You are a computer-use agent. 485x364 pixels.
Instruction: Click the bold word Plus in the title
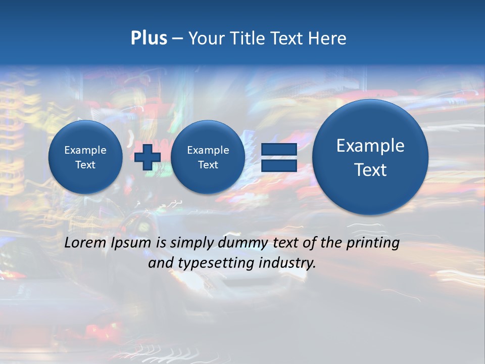click(149, 38)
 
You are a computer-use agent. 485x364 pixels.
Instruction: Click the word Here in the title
click(327, 38)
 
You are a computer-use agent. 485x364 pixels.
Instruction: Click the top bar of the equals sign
click(278, 150)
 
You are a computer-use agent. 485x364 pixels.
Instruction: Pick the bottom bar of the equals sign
click(278, 166)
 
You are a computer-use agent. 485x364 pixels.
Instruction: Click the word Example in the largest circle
click(370, 146)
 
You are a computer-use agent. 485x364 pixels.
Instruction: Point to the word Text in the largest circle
click(370, 170)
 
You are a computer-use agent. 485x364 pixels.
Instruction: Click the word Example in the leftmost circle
click(85, 150)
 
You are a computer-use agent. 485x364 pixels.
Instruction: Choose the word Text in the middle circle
click(208, 165)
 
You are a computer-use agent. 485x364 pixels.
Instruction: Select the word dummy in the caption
click(243, 243)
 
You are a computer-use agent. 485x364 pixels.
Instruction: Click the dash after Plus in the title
click(177, 38)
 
